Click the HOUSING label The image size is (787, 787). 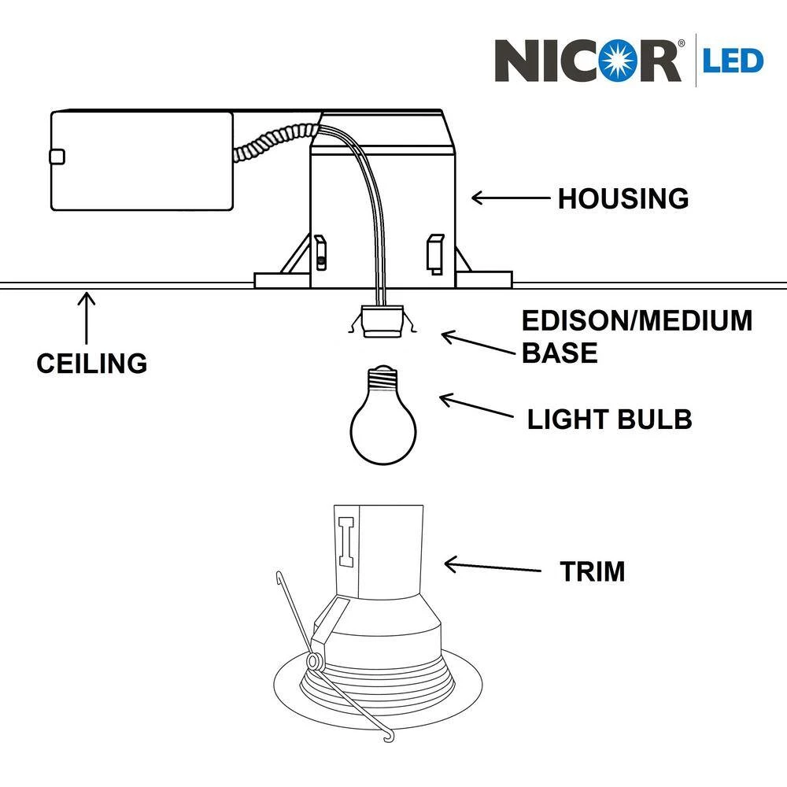click(x=623, y=198)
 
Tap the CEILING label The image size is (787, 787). click(x=91, y=363)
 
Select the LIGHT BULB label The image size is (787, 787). click(x=609, y=419)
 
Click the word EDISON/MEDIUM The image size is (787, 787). click(x=637, y=321)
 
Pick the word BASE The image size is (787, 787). click(x=560, y=353)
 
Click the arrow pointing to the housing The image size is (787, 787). click(x=510, y=198)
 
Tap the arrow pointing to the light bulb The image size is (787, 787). click(x=477, y=408)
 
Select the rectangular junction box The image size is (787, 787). click(x=142, y=161)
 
